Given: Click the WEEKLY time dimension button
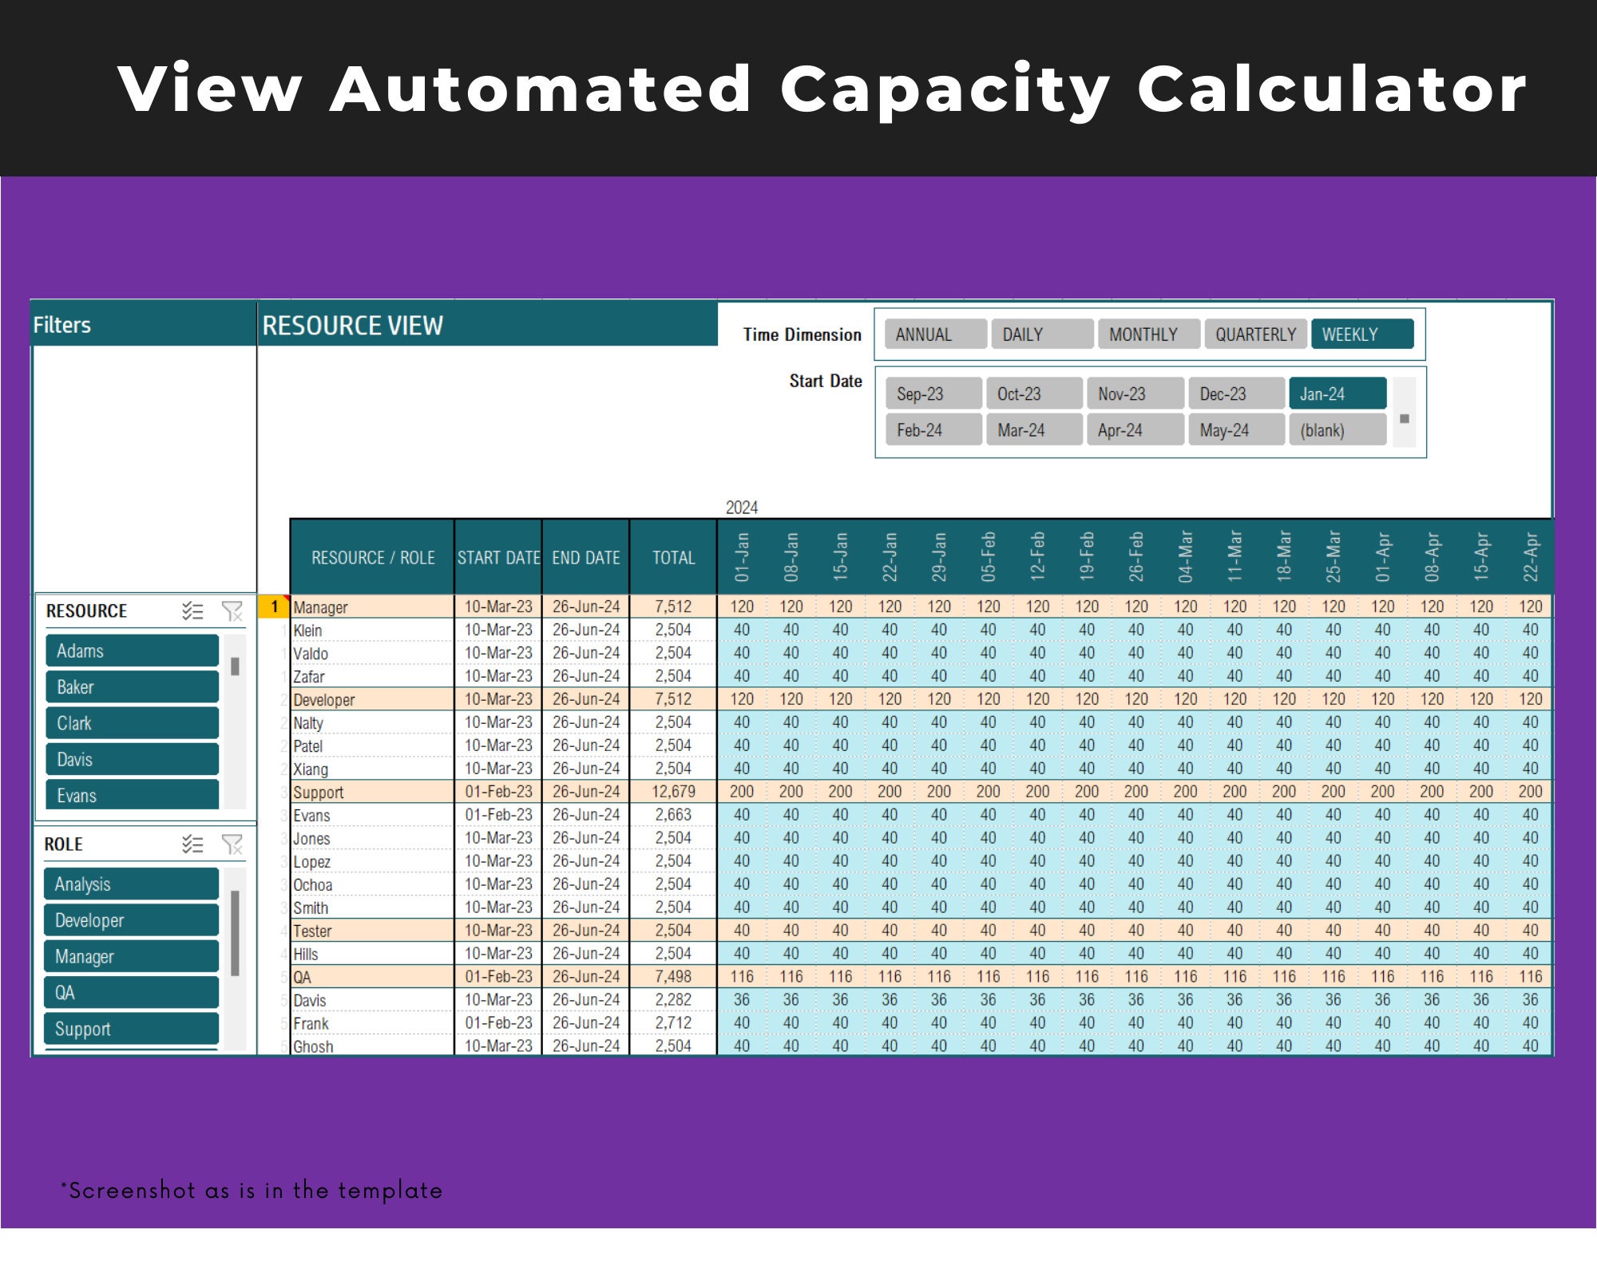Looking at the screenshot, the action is (1362, 334).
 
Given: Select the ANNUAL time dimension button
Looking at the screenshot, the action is (936, 334).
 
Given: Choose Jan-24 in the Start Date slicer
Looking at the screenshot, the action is (1337, 393).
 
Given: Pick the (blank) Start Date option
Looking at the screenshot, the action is (1337, 430).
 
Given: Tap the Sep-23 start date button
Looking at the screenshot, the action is (933, 393).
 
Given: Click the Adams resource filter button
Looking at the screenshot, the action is (132, 650).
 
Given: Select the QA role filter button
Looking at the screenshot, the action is (131, 993).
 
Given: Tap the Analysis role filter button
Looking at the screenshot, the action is (131, 884).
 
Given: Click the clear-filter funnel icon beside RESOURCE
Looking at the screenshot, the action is (232, 611).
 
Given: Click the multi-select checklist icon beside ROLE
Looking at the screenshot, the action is (192, 844).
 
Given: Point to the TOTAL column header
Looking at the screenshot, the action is (673, 558).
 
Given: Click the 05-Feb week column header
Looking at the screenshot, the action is (988, 556).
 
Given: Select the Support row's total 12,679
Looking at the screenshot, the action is (673, 792).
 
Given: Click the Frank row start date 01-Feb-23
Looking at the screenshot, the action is (498, 1023).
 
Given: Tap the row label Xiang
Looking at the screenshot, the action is (311, 769).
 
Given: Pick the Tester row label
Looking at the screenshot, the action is (312, 931).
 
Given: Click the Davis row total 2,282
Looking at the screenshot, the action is (673, 1000).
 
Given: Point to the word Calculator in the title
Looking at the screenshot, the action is (1332, 89).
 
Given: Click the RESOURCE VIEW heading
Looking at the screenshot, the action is (352, 326).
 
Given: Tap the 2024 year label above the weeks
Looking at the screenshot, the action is (742, 508).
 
